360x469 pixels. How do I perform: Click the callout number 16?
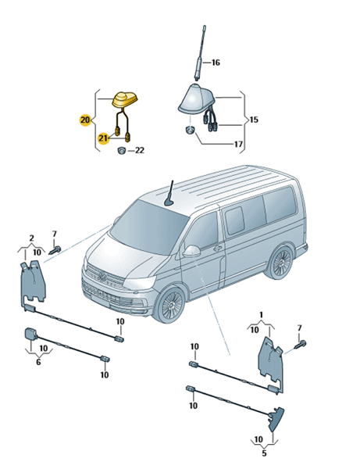tap(216, 63)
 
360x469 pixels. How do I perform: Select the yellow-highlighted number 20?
tap(85, 120)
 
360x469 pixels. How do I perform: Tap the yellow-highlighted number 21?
tap(103, 138)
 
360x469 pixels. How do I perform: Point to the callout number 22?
tap(140, 150)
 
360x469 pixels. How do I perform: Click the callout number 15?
tap(254, 120)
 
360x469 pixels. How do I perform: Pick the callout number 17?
tap(238, 144)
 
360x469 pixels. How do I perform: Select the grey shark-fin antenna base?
tap(196, 98)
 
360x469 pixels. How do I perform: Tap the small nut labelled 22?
tap(121, 150)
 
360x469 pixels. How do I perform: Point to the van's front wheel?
tap(172, 305)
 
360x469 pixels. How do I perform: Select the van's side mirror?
tap(191, 251)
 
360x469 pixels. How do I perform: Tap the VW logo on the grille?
tap(103, 277)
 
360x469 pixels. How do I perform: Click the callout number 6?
tap(38, 362)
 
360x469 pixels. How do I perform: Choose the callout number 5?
tap(264, 453)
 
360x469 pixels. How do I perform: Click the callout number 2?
tap(31, 238)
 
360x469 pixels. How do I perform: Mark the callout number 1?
tap(262, 315)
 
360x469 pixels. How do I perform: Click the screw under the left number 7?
tap(55, 250)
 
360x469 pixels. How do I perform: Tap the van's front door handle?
tap(217, 248)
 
